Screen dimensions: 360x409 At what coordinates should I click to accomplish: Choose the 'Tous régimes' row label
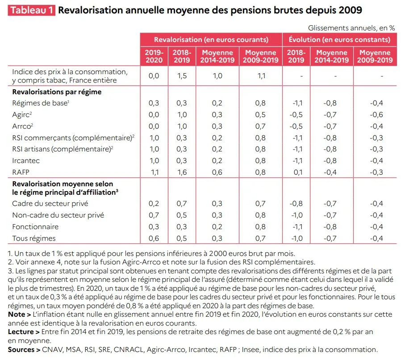tap(34, 239)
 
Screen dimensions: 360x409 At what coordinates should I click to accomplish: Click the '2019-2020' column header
tap(154, 56)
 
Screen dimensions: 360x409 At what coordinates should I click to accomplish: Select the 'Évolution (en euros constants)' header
tap(339, 40)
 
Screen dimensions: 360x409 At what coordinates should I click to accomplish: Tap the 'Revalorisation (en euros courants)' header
tap(211, 40)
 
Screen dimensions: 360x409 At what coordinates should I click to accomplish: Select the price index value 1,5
tap(181, 76)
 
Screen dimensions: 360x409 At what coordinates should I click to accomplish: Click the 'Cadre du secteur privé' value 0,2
tap(154, 204)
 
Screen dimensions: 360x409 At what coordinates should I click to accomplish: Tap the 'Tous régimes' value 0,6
tap(154, 239)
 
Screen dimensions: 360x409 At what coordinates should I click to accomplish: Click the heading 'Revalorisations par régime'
tap(57, 92)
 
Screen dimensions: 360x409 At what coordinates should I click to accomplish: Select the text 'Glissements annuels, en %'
tap(351, 28)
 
